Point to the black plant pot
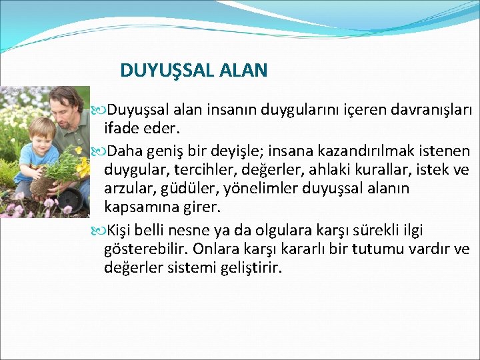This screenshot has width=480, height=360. pyautogui.click(x=72, y=199)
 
